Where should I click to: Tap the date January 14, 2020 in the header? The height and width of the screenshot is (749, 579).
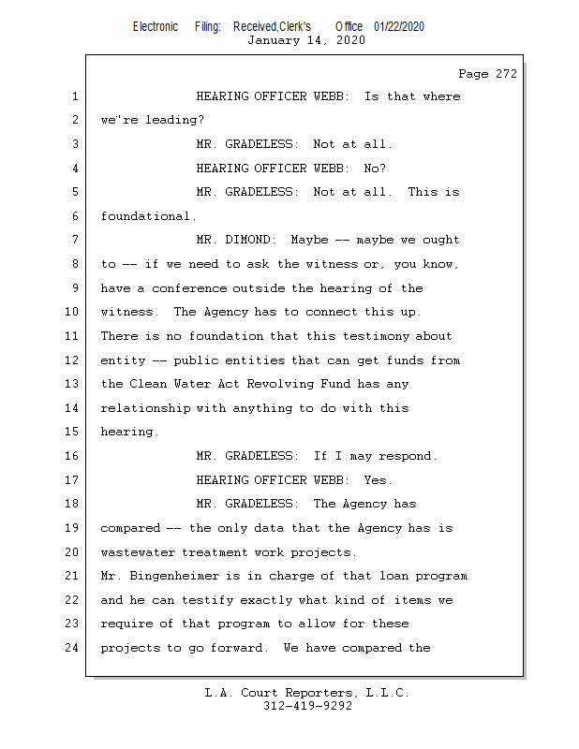(306, 40)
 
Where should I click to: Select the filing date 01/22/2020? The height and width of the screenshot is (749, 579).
(399, 26)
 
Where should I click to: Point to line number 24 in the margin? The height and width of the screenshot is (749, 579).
(74, 648)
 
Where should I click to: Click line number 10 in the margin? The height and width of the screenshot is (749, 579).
(74, 312)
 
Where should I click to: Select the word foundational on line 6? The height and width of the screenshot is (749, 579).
(144, 216)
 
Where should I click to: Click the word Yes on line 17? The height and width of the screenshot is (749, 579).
(375, 480)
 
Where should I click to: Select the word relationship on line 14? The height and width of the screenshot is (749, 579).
(144, 408)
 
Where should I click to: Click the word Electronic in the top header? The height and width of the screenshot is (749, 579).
(156, 26)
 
